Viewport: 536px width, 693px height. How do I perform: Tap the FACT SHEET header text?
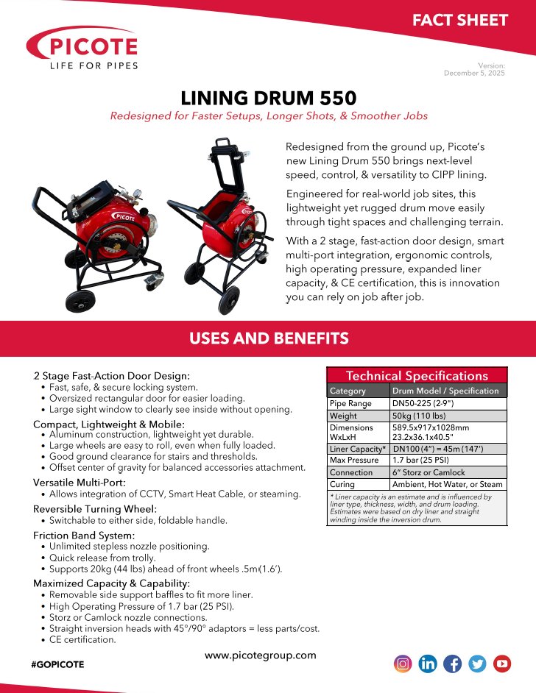459,20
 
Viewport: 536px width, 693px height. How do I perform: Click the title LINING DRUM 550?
268,98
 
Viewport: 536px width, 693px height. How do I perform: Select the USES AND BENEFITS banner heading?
268,338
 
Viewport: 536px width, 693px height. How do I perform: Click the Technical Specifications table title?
417,375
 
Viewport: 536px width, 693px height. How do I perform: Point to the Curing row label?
342,485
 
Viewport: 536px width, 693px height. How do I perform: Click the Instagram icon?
403,664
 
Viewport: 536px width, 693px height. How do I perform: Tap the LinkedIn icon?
428,664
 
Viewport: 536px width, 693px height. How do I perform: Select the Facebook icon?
453,664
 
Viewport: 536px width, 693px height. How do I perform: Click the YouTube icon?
502,664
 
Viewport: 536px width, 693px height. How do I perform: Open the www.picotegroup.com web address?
260,655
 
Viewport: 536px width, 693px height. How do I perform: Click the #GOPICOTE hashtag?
58,664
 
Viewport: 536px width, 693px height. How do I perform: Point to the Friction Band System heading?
84,535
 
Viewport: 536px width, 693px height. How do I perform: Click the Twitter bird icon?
477,664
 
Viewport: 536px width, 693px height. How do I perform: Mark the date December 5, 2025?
474,74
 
